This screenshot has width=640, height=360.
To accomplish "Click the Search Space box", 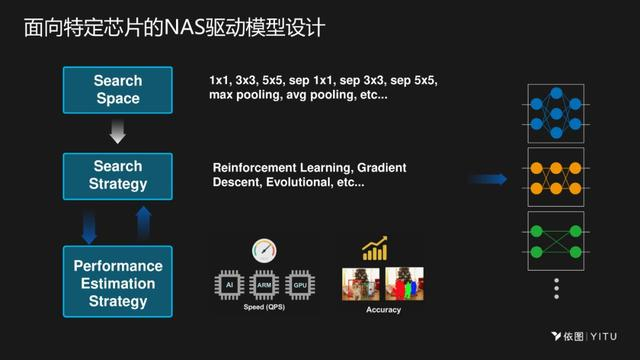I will click(x=118, y=90).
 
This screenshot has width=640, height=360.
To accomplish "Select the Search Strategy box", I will click(x=118, y=175).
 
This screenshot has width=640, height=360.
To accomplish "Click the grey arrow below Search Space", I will click(x=118, y=132).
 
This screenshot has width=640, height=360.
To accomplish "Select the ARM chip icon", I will click(x=265, y=284).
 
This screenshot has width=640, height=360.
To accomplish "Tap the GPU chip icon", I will click(x=299, y=284).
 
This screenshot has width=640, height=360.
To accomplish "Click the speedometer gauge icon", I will click(x=264, y=249).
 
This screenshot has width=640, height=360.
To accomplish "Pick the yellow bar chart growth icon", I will click(x=375, y=248).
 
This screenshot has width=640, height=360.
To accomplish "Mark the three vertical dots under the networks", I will click(x=555, y=290).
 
